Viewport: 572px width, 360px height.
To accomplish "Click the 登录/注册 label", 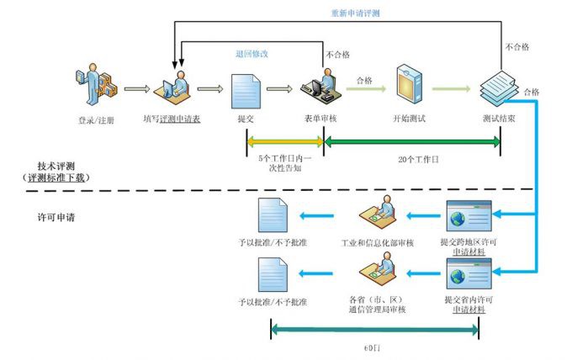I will (x=95, y=119).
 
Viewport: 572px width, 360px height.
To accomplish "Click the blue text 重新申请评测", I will (x=357, y=14).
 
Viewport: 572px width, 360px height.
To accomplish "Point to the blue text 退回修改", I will (x=252, y=54).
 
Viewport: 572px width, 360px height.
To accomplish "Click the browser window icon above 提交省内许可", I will (x=469, y=273).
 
